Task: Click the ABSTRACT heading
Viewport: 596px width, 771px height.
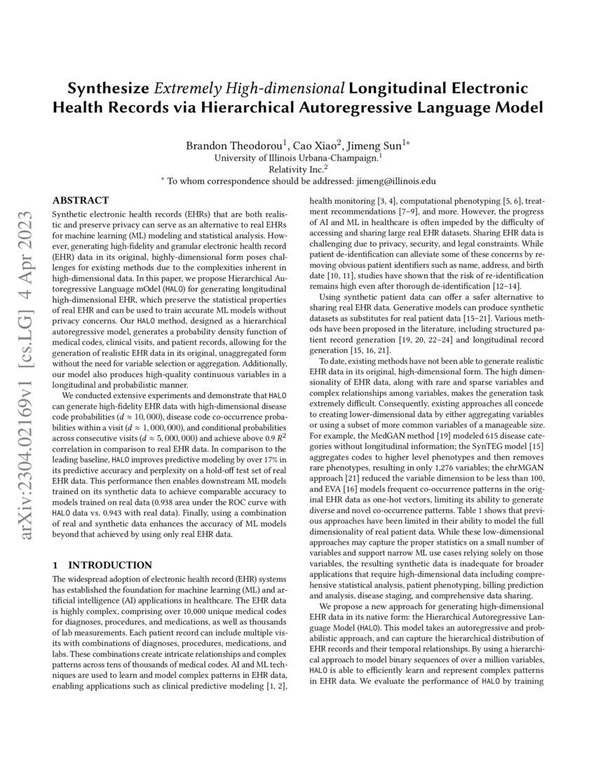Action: click(x=81, y=200)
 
